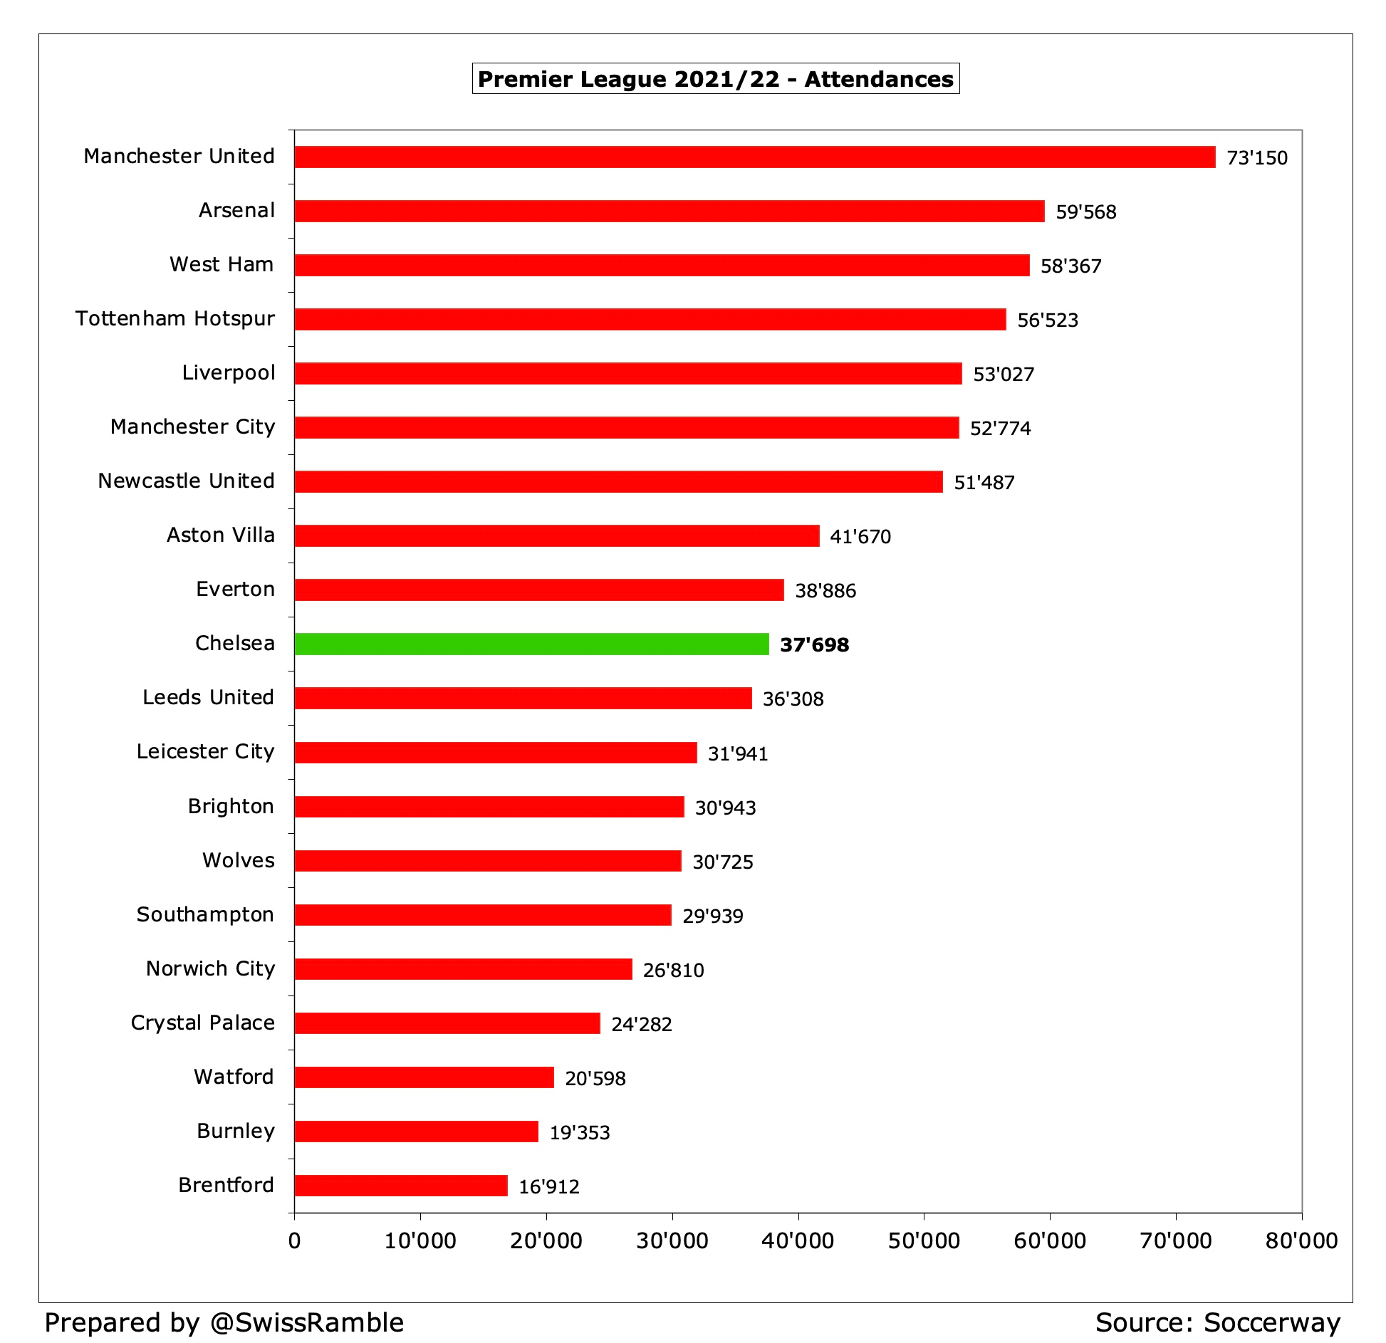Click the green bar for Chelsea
click(531, 644)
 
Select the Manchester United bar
click(754, 157)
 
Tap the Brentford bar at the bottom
click(401, 1186)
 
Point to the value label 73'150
click(1256, 157)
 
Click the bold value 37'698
click(814, 644)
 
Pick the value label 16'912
click(548, 1186)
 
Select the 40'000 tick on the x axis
click(798, 1241)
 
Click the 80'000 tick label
click(1301, 1241)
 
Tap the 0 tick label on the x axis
click(294, 1241)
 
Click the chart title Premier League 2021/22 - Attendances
click(715, 78)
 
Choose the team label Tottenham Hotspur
click(175, 318)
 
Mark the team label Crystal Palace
click(203, 1023)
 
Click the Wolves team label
click(239, 860)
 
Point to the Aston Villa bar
click(556, 535)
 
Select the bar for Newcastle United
click(618, 481)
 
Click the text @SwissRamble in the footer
click(307, 1322)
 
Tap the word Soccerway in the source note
click(1272, 1322)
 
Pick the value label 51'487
click(984, 482)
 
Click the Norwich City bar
click(463, 969)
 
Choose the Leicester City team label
click(205, 751)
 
